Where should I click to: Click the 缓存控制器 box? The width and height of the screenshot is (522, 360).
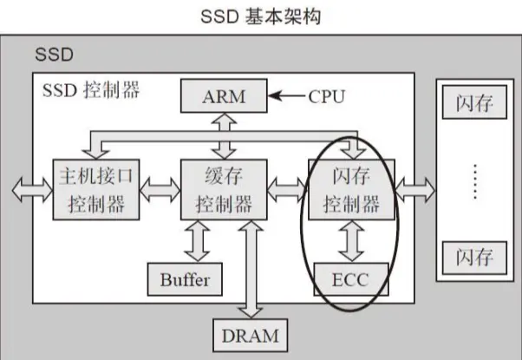pyautogui.click(x=224, y=190)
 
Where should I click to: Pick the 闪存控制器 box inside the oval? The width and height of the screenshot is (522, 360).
pyautogui.click(x=351, y=190)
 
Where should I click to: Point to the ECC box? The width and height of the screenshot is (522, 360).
pyautogui.click(x=351, y=279)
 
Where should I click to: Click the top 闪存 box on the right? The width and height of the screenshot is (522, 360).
pyautogui.click(x=473, y=103)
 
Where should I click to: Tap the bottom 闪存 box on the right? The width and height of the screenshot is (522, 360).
pyautogui.click(x=473, y=257)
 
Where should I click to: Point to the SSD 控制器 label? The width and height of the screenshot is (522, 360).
pyautogui.click(x=89, y=89)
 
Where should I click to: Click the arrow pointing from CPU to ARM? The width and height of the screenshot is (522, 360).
pyautogui.click(x=286, y=95)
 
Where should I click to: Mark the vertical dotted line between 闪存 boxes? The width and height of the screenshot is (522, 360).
pyautogui.click(x=473, y=180)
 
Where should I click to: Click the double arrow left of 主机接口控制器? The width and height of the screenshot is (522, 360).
pyautogui.click(x=33, y=190)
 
